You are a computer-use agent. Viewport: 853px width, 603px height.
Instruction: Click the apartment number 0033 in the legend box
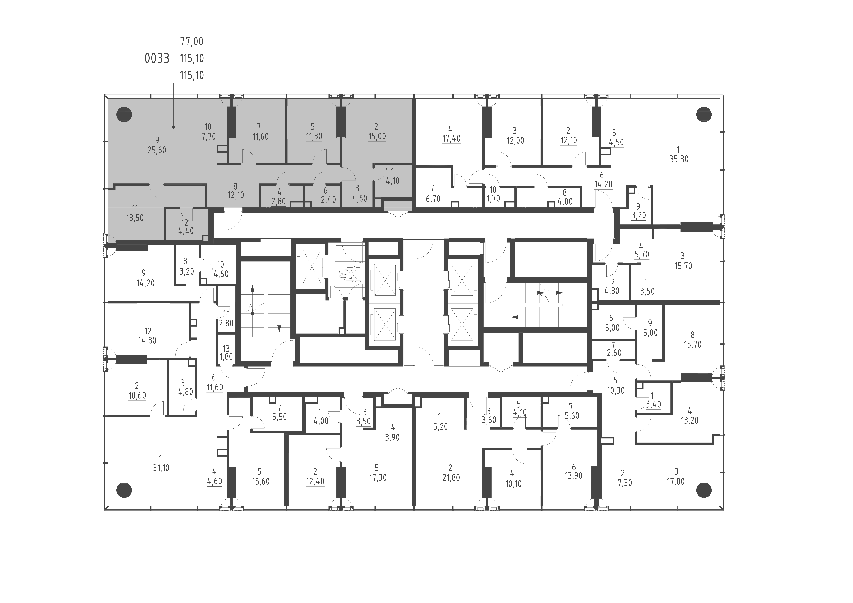[157, 58]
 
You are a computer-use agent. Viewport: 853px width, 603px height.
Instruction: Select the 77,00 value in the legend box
[192, 41]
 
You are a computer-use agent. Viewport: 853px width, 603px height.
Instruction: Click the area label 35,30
[679, 159]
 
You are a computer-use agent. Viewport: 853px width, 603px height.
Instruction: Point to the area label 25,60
[157, 150]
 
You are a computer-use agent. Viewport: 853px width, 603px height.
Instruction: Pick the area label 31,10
[161, 468]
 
